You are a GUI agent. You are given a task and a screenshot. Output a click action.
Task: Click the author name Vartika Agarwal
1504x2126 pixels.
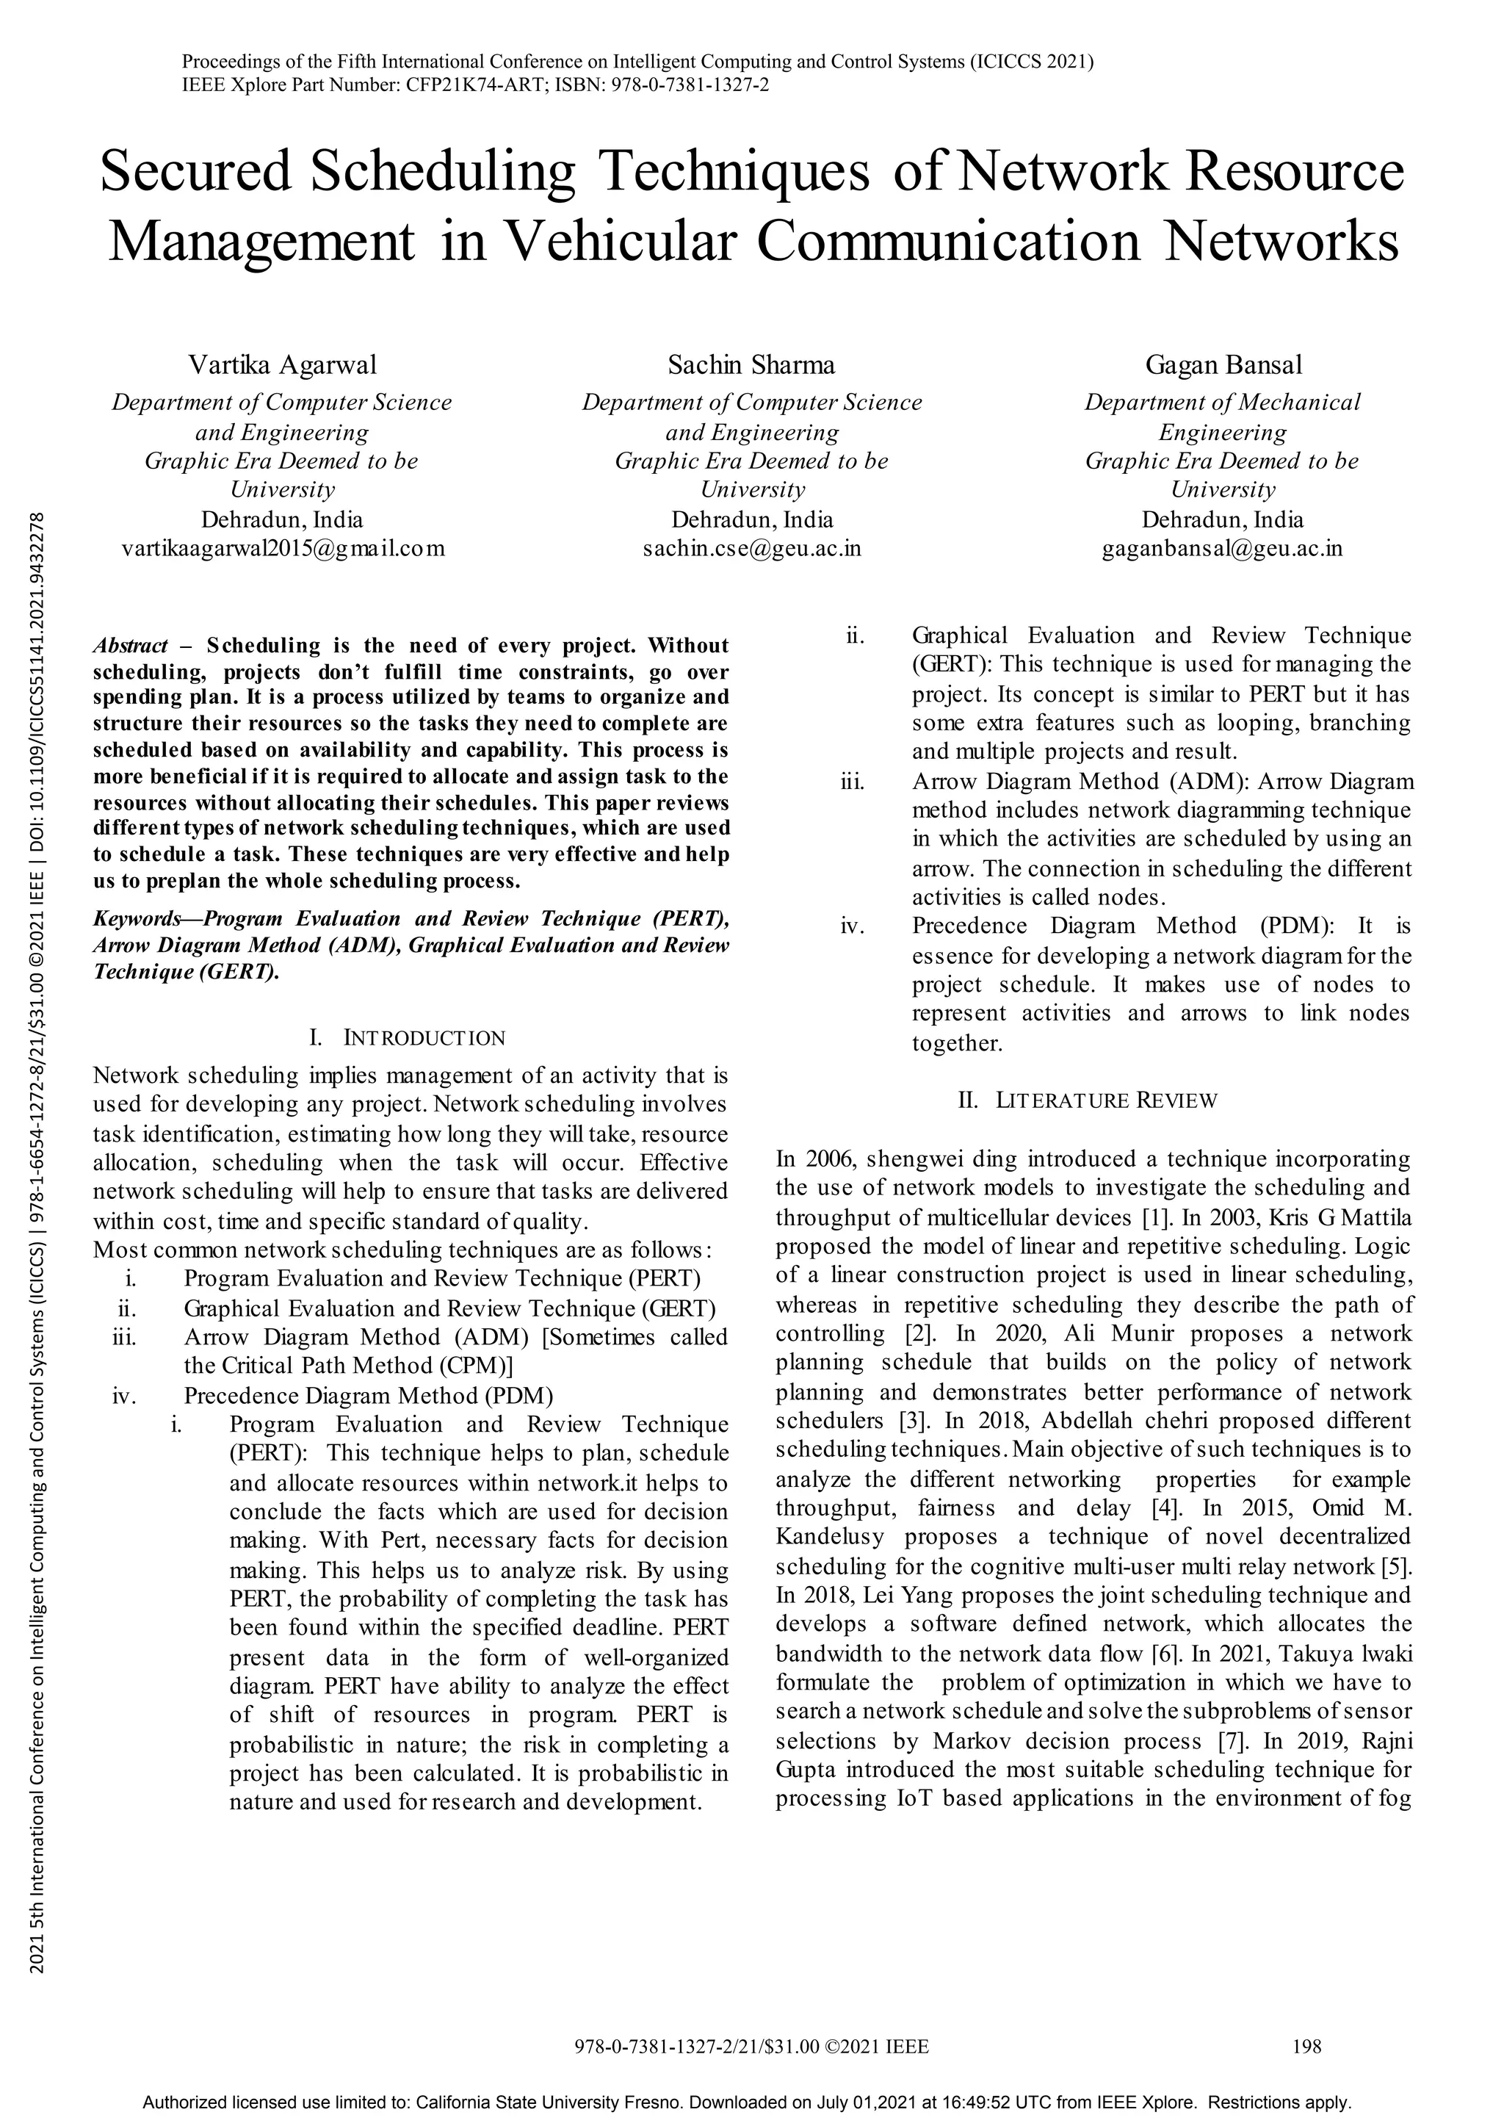(x=283, y=365)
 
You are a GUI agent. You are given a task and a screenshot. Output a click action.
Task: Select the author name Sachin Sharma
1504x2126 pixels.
(x=751, y=365)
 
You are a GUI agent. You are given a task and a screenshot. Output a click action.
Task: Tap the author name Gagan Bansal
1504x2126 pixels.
(x=1223, y=365)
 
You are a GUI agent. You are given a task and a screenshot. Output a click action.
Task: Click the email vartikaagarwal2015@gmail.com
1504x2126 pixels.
(x=283, y=549)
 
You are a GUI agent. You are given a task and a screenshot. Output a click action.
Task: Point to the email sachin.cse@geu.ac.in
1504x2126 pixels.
(x=751, y=549)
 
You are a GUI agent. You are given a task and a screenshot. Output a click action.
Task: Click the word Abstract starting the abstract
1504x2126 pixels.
(x=131, y=646)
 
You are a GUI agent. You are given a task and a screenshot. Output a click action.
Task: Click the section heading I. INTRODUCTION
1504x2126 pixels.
(x=408, y=1037)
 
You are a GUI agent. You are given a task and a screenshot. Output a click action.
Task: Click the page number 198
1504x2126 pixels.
(x=1306, y=2047)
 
